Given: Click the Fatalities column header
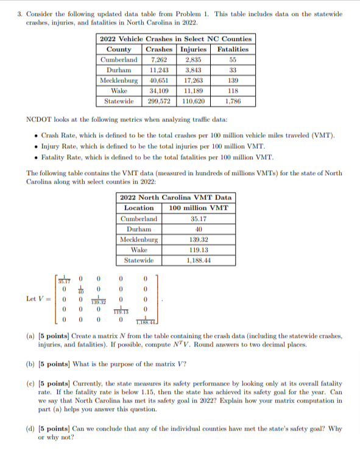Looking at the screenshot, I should coord(233,49).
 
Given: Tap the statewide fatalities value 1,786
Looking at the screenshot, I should coord(233,101).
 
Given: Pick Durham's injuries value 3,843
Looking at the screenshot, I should coord(194,70).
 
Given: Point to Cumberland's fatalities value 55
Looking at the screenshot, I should coord(233,59).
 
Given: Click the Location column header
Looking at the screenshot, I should coord(138,208).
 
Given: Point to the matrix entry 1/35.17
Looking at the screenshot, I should coord(65,280).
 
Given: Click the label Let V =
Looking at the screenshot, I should coord(37,299).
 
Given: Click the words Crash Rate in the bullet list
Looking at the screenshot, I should coord(58,134).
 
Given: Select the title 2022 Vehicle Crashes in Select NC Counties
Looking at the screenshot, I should coord(175,38).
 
